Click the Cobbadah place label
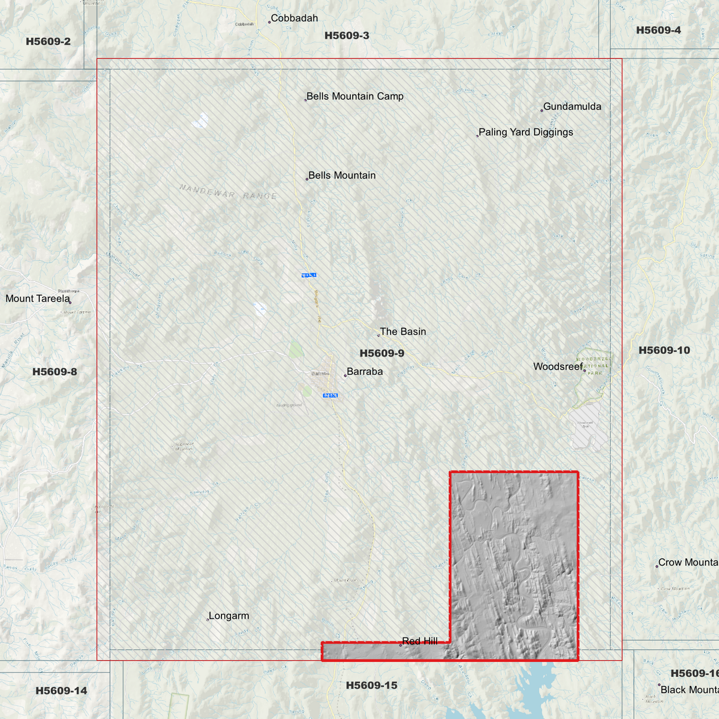pyautogui.click(x=294, y=18)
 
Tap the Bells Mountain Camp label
pyautogui.click(x=355, y=97)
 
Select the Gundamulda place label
pyautogui.click(x=572, y=106)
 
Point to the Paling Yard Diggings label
pyautogui.click(x=525, y=132)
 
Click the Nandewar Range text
pyautogui.click(x=228, y=192)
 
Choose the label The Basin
pyautogui.click(x=403, y=332)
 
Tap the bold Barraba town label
pyautogui.click(x=365, y=372)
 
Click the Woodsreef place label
pyautogui.click(x=558, y=367)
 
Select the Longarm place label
pyautogui.click(x=229, y=616)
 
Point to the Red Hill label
pyautogui.click(x=420, y=641)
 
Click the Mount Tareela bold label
pyautogui.click(x=38, y=299)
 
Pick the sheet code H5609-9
pyautogui.click(x=382, y=353)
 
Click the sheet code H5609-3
pyautogui.click(x=347, y=35)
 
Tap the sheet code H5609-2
pyautogui.click(x=48, y=41)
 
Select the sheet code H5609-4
pyautogui.click(x=658, y=30)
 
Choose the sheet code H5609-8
pyautogui.click(x=55, y=372)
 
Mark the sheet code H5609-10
pyautogui.click(x=664, y=350)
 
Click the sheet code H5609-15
pyautogui.click(x=372, y=686)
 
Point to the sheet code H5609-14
pyautogui.click(x=61, y=691)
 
